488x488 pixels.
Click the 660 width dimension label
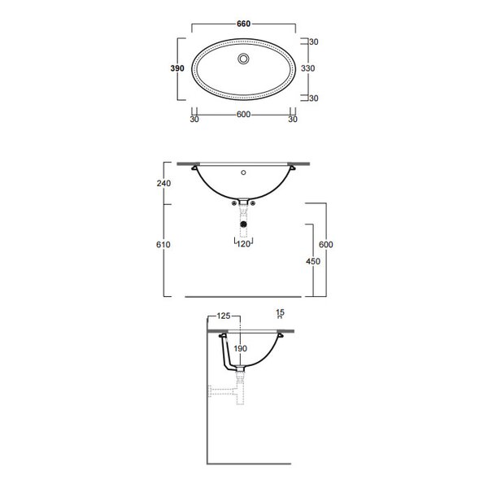(243, 24)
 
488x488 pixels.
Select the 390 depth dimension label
(177, 68)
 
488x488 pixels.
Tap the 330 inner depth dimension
(307, 68)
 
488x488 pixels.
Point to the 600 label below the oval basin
(243, 115)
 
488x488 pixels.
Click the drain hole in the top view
(243, 59)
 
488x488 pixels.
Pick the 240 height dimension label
(163, 183)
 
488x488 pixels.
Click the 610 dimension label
(163, 245)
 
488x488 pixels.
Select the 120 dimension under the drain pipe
(243, 244)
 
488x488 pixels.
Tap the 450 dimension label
(313, 261)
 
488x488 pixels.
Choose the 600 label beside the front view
(326, 245)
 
